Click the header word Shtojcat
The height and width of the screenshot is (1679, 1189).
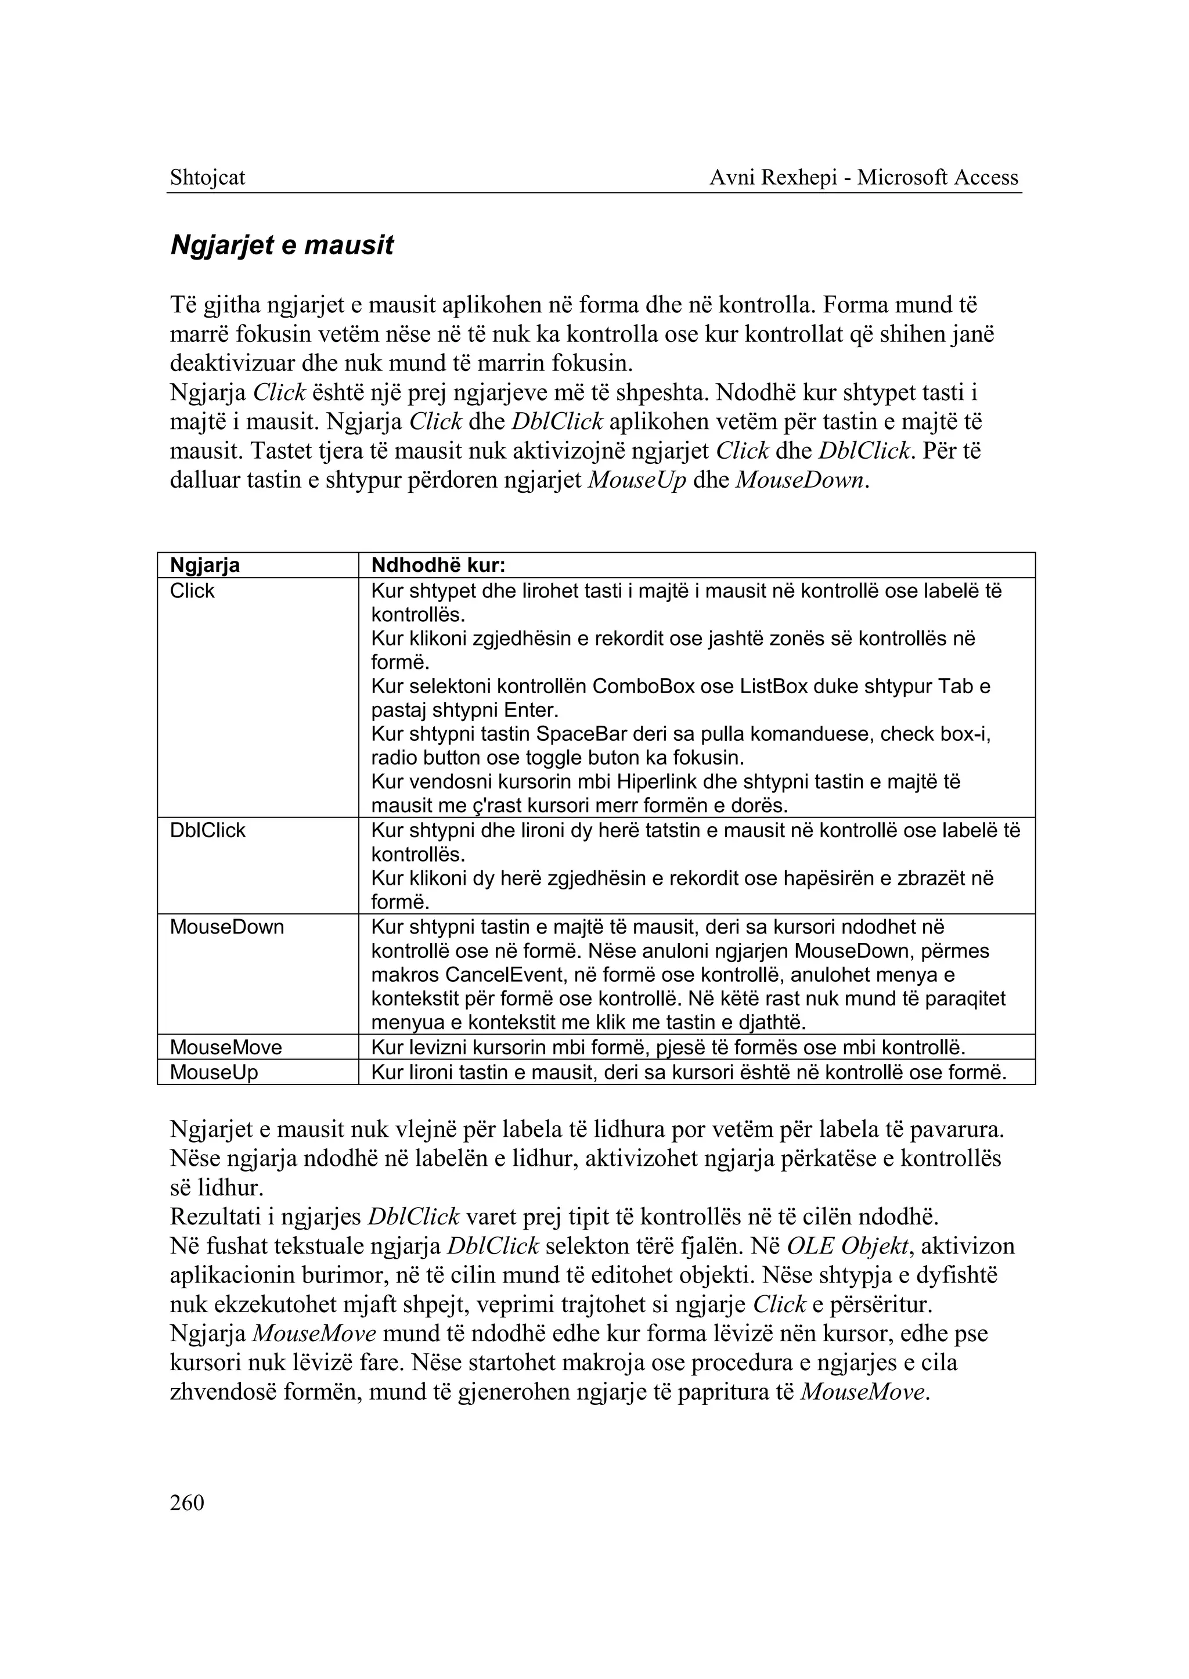pyautogui.click(x=207, y=177)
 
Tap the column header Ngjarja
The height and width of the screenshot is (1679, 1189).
pyautogui.click(x=205, y=565)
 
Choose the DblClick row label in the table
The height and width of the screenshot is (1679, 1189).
pyautogui.click(x=207, y=830)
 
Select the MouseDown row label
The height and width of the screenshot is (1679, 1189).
pyautogui.click(x=226, y=927)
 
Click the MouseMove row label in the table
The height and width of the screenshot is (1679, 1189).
pyautogui.click(x=225, y=1047)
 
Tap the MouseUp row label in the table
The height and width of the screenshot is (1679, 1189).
pyautogui.click(x=214, y=1073)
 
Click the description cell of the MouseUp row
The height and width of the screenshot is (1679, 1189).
pyautogui.click(x=688, y=1073)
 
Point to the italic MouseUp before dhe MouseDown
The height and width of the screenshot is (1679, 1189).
pyautogui.click(x=637, y=481)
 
